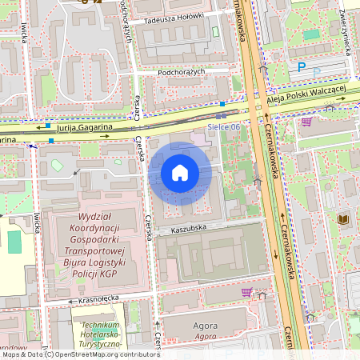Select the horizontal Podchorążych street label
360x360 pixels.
[x=182, y=71]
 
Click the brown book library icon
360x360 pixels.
[x=343, y=218]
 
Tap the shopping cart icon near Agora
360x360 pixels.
[x=246, y=292]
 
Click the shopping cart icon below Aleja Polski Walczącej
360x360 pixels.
[x=306, y=122]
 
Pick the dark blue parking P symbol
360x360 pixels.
[x=302, y=68]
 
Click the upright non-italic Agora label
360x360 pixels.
[x=206, y=326]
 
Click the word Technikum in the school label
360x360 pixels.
[x=101, y=326]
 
